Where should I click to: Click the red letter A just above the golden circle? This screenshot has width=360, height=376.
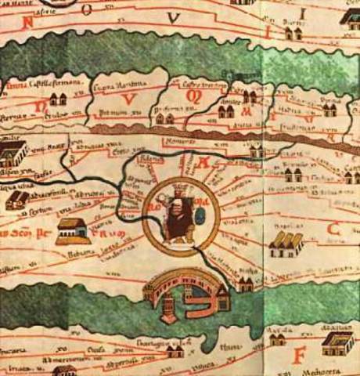click(206, 164)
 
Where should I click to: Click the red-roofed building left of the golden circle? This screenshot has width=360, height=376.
click(73, 230)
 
